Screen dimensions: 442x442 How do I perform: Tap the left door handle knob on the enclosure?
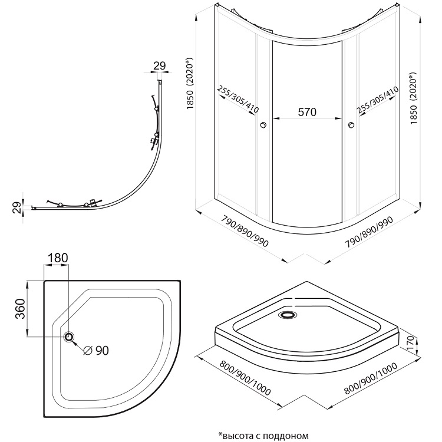[x=263, y=125]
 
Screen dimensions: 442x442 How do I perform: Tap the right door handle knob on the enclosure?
[x=351, y=125]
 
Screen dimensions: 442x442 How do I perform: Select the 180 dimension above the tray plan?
[x=57, y=258]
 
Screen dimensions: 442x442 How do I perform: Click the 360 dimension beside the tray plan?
[x=19, y=308]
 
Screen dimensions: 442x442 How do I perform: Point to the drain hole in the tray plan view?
[x=69, y=337]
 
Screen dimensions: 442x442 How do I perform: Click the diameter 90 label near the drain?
[x=95, y=351]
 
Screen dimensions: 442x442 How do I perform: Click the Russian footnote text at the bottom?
[x=263, y=436]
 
